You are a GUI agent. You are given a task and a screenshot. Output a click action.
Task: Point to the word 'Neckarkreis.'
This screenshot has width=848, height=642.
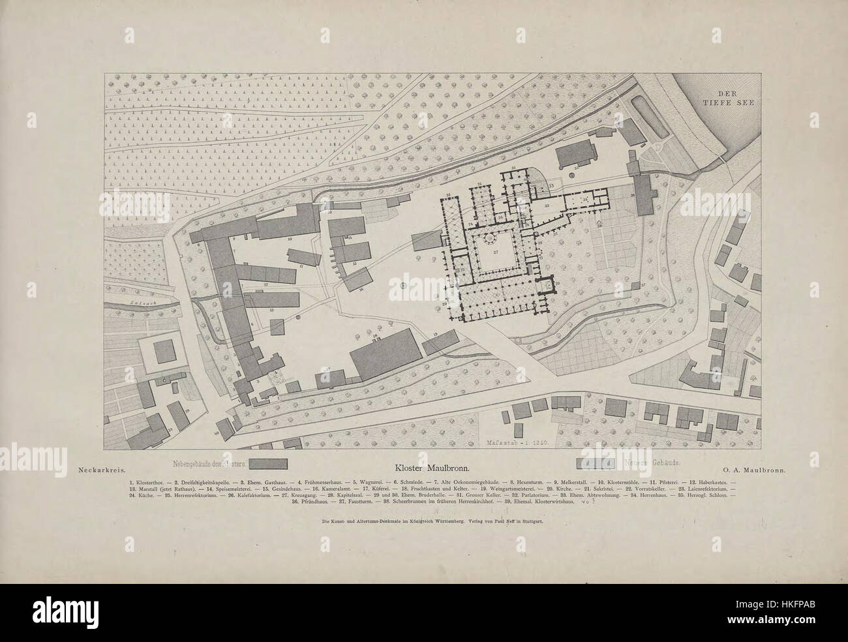coord(100,468)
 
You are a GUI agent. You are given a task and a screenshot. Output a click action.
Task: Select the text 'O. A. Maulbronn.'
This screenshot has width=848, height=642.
coord(753,468)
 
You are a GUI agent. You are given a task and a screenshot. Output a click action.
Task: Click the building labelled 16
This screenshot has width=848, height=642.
coord(356,280)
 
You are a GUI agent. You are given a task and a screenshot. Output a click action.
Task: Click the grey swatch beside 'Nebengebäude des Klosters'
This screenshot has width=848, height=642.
coord(269,464)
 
